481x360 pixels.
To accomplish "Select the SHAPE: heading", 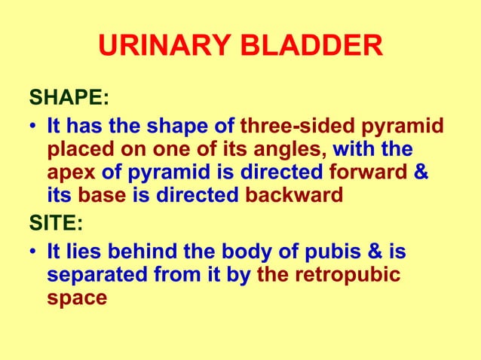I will coord(68,98).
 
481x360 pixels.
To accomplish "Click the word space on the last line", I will coord(76,297).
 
